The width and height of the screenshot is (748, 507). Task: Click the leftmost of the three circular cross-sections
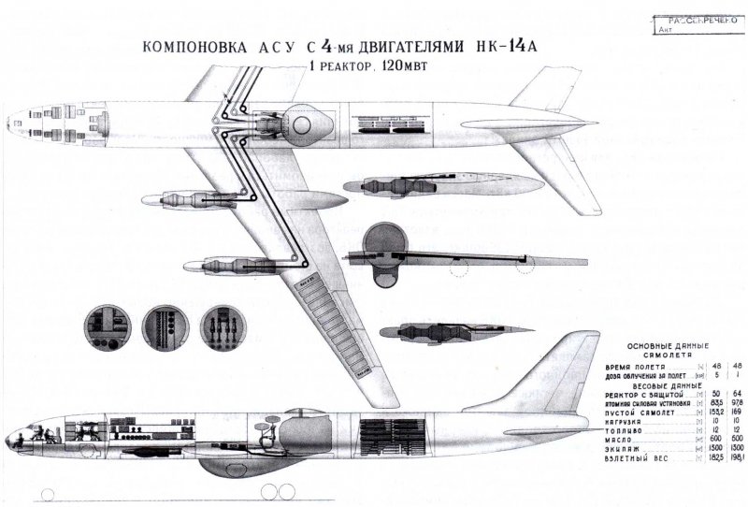click(106, 326)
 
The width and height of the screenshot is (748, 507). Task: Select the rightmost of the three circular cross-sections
click(225, 326)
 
